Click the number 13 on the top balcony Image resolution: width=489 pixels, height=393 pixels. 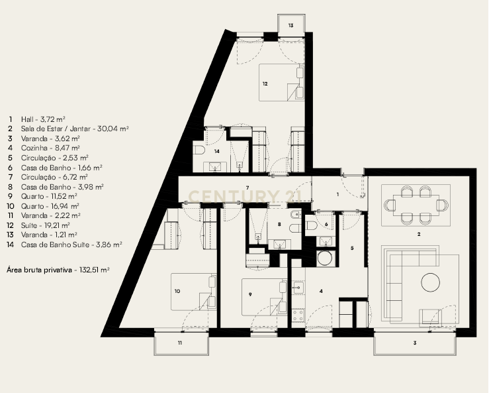(290, 25)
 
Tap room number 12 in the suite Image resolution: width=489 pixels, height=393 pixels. (265, 84)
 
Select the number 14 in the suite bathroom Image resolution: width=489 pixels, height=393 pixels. (218, 151)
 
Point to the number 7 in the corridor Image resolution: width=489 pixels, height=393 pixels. (247, 188)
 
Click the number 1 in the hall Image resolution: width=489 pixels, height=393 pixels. (337, 194)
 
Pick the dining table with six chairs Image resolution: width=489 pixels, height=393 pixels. (416, 204)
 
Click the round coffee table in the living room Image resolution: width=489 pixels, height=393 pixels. (431, 282)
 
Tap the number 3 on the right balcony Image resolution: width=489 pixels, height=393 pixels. (414, 343)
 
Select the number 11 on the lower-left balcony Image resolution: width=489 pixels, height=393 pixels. (179, 343)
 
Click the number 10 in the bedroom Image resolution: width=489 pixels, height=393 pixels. (177, 291)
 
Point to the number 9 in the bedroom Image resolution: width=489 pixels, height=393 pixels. (251, 295)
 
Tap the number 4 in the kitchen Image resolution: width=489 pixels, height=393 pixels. (322, 291)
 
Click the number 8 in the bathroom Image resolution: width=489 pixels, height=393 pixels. (280, 225)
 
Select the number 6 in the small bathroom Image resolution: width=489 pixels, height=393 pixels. (326, 225)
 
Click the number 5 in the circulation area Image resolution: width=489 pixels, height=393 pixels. (352, 248)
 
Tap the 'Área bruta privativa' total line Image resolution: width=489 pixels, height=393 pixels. (58, 270)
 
